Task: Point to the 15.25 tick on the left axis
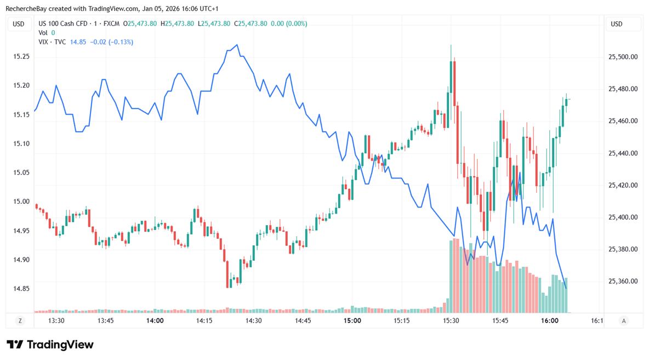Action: (21, 57)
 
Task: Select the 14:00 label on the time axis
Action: (155, 321)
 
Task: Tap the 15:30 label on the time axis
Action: (451, 321)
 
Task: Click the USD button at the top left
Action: (19, 24)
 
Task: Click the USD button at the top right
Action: (617, 24)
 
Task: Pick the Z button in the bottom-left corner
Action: (20, 321)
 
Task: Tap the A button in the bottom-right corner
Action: (624, 321)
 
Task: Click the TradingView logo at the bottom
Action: (50, 345)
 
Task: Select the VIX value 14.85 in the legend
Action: (78, 42)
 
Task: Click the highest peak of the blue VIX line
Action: (237, 45)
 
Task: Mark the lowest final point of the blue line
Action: (566, 288)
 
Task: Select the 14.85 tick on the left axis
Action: (21, 289)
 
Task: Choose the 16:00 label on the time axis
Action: (549, 321)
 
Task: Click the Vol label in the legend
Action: (43, 33)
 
